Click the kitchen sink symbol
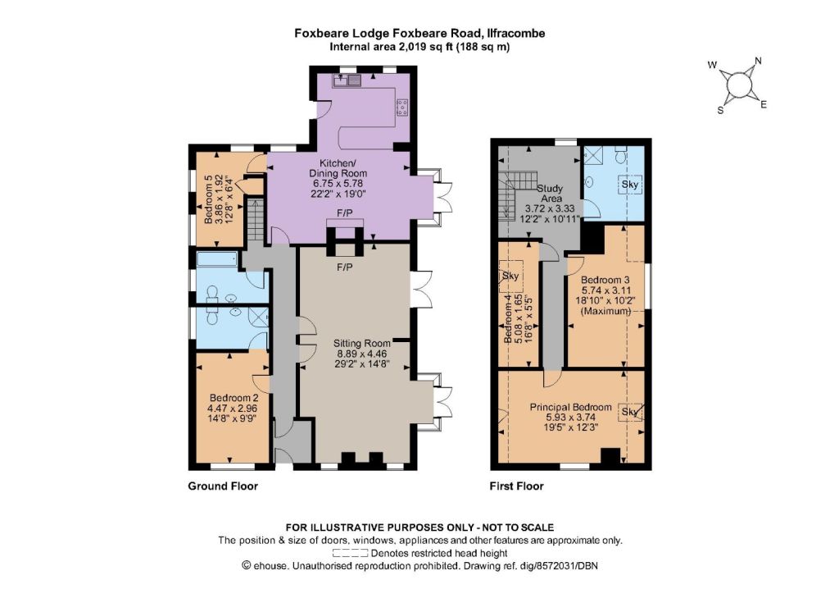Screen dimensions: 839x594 [347, 80]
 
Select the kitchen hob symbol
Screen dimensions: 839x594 [401, 107]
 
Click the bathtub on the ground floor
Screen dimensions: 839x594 [216, 260]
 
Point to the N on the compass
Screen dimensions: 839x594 [758, 61]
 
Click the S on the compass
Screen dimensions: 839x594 [721, 110]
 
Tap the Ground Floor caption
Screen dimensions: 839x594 [223, 487]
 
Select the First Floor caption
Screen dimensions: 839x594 [516, 487]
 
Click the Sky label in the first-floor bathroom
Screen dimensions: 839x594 [630, 185]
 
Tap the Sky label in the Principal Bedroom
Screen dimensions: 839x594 [630, 412]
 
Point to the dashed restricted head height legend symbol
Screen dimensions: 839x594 [350, 553]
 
